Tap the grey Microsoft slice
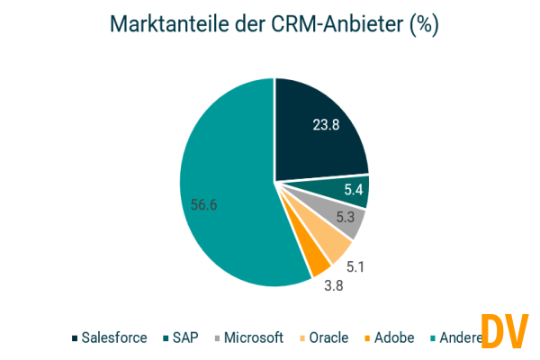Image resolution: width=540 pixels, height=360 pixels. (347, 220)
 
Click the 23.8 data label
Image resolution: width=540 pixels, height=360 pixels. (325, 125)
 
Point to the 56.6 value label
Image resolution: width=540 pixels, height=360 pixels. (203, 204)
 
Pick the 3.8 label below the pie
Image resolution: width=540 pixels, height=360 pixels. (334, 287)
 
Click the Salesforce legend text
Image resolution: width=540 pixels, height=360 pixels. (114, 338)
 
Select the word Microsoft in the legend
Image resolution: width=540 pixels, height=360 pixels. (254, 338)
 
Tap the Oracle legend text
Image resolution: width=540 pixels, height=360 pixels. (328, 338)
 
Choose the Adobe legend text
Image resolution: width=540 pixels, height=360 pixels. (393, 338)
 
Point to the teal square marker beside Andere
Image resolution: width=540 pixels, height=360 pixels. (433, 338)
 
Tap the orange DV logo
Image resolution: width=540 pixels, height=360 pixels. (503, 331)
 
